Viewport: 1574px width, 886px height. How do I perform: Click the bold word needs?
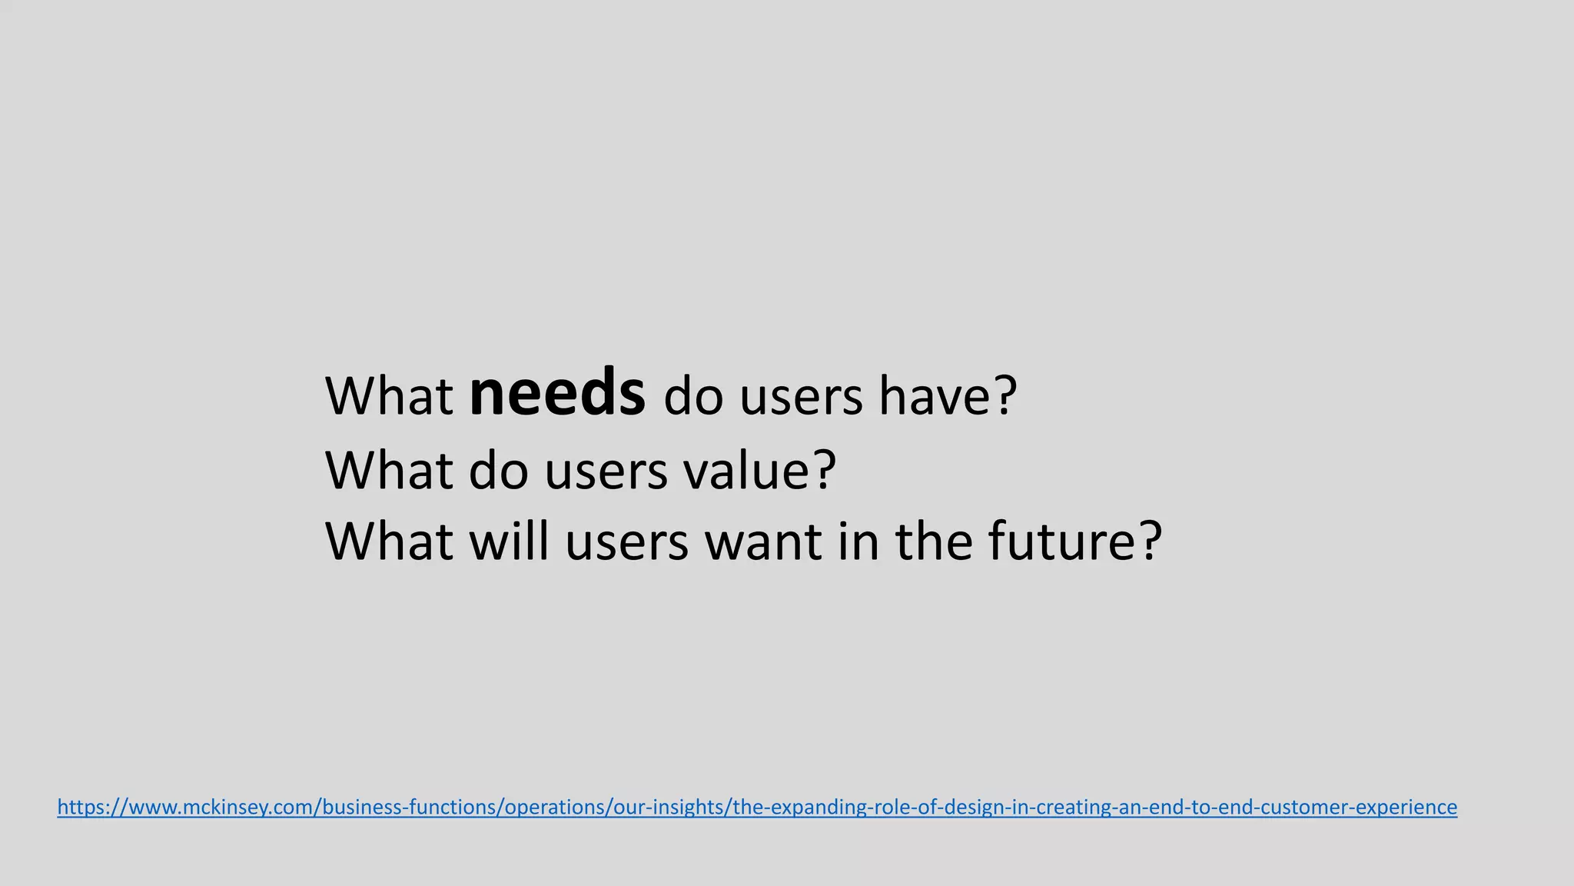coord(556,394)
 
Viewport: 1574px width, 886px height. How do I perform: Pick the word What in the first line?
coord(389,397)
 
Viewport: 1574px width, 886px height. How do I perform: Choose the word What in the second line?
coord(389,471)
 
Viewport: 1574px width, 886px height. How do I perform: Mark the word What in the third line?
coord(389,541)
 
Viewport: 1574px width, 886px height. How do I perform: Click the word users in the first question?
coord(792,398)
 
